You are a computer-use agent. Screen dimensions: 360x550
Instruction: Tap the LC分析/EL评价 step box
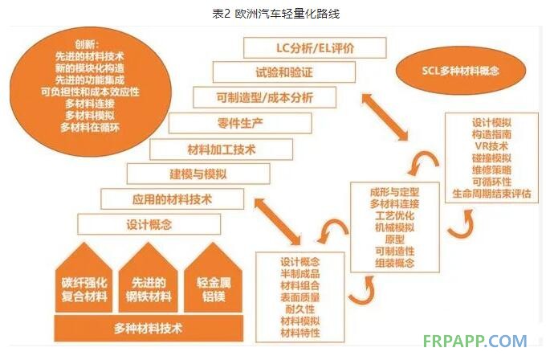(x=309, y=48)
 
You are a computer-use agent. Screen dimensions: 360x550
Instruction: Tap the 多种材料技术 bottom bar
(x=149, y=329)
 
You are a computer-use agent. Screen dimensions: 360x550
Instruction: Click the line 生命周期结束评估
(x=491, y=194)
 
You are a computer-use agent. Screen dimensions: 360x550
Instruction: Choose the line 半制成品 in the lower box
(x=299, y=275)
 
